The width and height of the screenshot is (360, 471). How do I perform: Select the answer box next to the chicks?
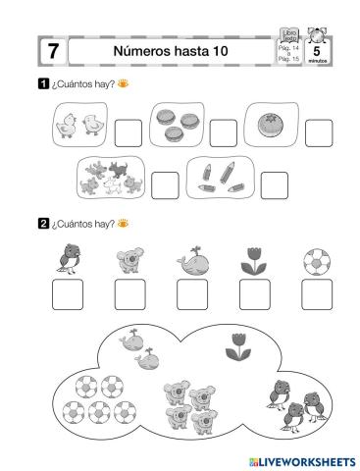128,131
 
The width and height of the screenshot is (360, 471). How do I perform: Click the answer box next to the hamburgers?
223,131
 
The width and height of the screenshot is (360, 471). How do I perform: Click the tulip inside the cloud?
236,344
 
